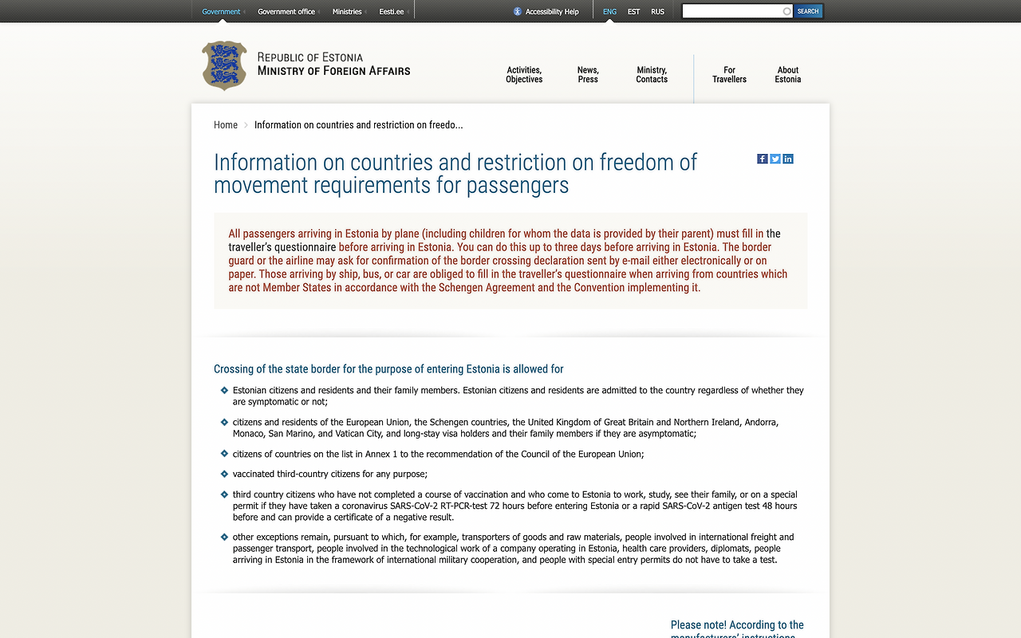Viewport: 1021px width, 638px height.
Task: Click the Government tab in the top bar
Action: tap(221, 12)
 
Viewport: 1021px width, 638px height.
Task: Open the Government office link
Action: tap(286, 12)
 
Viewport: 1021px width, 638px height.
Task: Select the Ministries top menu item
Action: tap(347, 12)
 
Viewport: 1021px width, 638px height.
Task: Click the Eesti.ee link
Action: tap(392, 12)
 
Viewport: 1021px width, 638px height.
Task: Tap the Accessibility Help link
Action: tap(546, 12)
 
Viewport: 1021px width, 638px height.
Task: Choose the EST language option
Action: tap(633, 12)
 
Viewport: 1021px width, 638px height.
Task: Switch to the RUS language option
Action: tap(657, 12)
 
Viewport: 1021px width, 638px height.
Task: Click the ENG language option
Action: tap(609, 12)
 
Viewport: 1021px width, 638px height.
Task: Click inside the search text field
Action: tap(732, 11)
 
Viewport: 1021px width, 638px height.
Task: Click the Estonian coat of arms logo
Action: tap(224, 65)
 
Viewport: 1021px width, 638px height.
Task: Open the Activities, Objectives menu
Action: tap(524, 75)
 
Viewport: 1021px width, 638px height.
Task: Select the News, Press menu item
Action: tap(588, 75)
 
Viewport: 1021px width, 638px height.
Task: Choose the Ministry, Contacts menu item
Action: tap(652, 75)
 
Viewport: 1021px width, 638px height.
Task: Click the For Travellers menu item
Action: tap(729, 75)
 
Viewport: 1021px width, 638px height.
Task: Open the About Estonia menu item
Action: tap(787, 75)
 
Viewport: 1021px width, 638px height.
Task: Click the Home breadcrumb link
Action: tap(226, 125)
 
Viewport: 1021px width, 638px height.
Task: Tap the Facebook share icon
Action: tap(763, 159)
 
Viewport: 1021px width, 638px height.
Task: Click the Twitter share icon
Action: tap(775, 159)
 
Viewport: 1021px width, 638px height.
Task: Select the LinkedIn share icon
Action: tap(788, 159)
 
